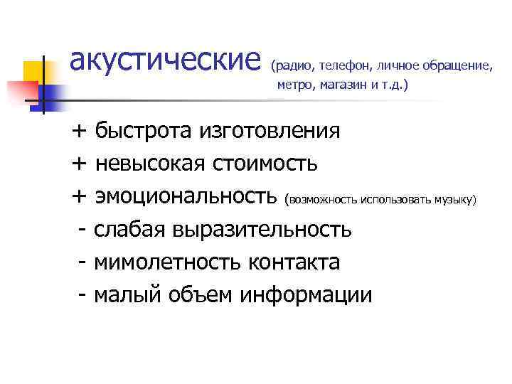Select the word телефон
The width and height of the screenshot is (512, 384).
click(x=345, y=66)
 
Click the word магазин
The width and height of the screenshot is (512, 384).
click(x=343, y=85)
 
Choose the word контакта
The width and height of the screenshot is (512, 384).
click(x=294, y=262)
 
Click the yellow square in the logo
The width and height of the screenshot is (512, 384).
click(x=33, y=72)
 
